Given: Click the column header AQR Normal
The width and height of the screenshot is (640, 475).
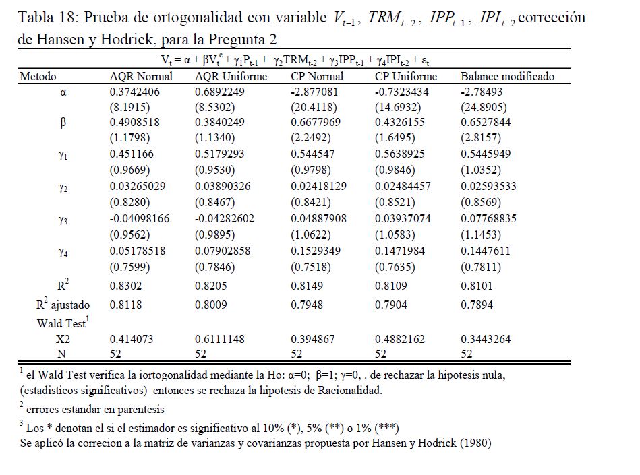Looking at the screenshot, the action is [141, 76].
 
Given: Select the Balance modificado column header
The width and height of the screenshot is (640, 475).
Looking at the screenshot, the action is [507, 76].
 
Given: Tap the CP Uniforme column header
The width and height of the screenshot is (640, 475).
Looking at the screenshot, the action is [406, 76].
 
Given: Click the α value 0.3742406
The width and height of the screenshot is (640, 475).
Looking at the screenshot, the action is [135, 92].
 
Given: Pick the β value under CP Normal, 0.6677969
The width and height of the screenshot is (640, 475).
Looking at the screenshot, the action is [316, 122].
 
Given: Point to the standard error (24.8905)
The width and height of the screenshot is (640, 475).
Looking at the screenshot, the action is [484, 107].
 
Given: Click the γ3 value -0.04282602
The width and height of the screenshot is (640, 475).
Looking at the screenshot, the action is [224, 218].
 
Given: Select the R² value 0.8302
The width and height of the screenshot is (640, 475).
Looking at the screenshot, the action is [125, 286].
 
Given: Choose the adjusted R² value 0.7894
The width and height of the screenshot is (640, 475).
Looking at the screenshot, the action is [477, 305].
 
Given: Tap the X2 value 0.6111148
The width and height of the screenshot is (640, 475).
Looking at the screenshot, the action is [220, 339].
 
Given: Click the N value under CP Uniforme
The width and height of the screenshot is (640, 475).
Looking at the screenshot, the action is [380, 354].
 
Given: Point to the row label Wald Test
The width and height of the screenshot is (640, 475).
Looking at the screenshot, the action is [63, 323].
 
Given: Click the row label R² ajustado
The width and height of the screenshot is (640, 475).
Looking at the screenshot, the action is [63, 304].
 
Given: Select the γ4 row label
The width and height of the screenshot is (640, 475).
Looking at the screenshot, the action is [63, 253].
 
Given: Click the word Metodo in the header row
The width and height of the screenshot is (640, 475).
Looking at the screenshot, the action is [38, 76].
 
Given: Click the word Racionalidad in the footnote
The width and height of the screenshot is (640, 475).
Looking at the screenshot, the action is [350, 390].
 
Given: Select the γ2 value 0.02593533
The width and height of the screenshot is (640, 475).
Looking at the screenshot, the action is [488, 186].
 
